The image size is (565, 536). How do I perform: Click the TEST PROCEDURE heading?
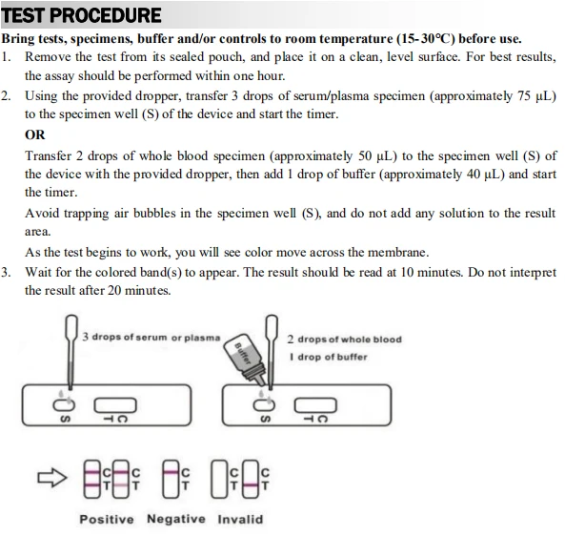point(81,15)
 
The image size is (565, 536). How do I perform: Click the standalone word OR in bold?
point(35,134)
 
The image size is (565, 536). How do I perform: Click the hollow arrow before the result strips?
point(52,478)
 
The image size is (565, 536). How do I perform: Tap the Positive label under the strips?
point(107,520)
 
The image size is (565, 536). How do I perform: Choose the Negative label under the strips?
point(176,519)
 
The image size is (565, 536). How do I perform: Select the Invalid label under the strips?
point(240,520)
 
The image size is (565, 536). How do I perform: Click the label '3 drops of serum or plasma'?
point(151,338)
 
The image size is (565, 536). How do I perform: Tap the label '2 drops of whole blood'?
point(345,340)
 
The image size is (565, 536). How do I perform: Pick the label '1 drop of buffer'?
point(329,357)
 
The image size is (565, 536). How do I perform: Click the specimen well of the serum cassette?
point(64,405)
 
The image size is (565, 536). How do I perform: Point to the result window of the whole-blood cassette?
point(315,405)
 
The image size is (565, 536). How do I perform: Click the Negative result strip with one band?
point(171,479)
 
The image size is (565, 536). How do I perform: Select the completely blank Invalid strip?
point(219,479)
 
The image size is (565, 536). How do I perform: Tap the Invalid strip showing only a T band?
point(251,479)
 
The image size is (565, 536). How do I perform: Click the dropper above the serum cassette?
point(71,352)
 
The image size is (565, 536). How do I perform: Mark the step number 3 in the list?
point(5,273)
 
